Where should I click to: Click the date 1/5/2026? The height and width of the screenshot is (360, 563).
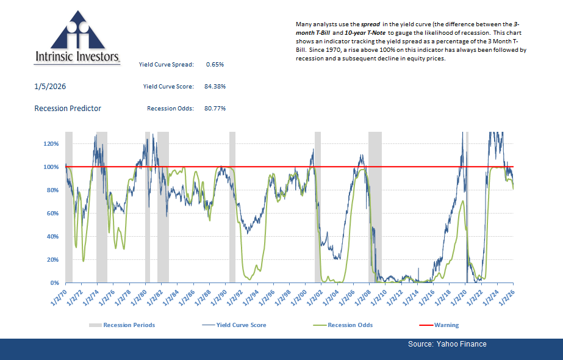(50, 87)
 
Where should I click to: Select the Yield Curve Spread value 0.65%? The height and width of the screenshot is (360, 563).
(216, 64)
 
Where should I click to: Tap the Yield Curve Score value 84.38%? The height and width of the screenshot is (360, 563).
(215, 87)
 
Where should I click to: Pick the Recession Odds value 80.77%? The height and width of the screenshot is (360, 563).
(215, 109)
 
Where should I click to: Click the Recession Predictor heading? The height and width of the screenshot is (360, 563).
(68, 109)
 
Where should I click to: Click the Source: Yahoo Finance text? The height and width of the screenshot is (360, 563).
(447, 344)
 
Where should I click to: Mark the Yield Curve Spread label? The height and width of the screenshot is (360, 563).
(166, 64)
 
